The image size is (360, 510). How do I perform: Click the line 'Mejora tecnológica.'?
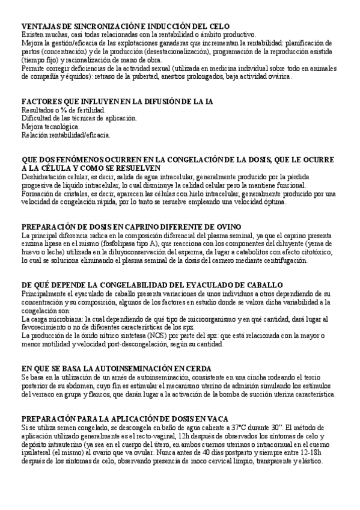coord(50,127)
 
